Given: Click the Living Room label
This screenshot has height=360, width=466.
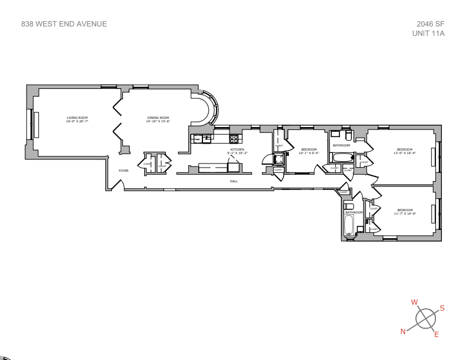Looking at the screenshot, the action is (77, 118).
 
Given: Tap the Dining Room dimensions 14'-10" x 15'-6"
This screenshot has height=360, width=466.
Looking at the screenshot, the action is (158, 121).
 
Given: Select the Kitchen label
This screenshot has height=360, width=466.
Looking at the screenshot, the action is (237, 149).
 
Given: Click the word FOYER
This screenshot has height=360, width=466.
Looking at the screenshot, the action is (124, 171).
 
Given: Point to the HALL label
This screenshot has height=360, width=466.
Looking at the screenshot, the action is (234, 181).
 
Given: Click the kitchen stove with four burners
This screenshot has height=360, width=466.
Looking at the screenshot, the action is (234, 139).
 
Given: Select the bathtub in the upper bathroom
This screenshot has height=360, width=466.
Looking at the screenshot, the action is (341, 158).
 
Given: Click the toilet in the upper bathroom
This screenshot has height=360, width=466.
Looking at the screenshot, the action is (348, 135).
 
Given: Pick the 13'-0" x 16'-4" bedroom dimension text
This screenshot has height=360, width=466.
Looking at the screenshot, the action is (405, 153).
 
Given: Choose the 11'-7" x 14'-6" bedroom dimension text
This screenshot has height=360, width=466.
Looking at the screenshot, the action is (405, 214).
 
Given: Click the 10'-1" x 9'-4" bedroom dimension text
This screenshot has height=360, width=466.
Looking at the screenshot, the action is (308, 153).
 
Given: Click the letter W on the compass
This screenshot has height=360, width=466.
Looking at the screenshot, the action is (414, 302).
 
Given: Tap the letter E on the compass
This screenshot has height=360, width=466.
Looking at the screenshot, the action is (436, 335).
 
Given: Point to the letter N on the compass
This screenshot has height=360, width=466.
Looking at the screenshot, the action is (403, 331).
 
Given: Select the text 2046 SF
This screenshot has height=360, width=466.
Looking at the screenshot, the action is (430, 24).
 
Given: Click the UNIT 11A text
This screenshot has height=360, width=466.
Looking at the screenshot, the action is (428, 34).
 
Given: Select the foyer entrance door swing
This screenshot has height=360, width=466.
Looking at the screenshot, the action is (118, 185).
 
